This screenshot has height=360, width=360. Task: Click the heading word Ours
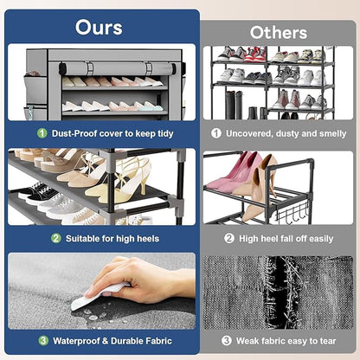[99, 28]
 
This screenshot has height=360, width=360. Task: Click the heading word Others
[279, 33]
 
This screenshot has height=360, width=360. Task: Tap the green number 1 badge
[42, 133]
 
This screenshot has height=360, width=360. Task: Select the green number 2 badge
[56, 238]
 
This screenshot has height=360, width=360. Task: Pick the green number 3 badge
[43, 341]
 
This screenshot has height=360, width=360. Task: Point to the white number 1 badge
[216, 133]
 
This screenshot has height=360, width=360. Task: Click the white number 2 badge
[229, 238]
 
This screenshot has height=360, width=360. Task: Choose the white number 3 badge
[227, 341]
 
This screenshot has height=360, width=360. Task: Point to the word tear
[327, 341]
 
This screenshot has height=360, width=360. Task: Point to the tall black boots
[235, 105]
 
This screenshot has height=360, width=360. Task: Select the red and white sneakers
[254, 55]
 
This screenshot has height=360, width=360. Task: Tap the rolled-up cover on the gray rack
[118, 68]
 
